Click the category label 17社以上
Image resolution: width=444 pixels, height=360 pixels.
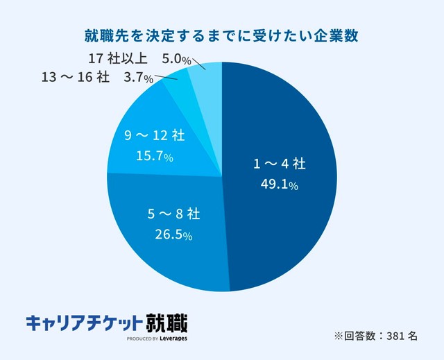pos(117,58)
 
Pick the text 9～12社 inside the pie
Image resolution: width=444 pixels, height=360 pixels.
pos(154,136)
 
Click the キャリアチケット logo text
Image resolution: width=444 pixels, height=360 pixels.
pos(83,323)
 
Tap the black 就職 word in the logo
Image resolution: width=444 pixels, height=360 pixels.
pos(166,323)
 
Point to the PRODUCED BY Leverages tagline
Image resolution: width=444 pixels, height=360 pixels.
pos(157,339)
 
